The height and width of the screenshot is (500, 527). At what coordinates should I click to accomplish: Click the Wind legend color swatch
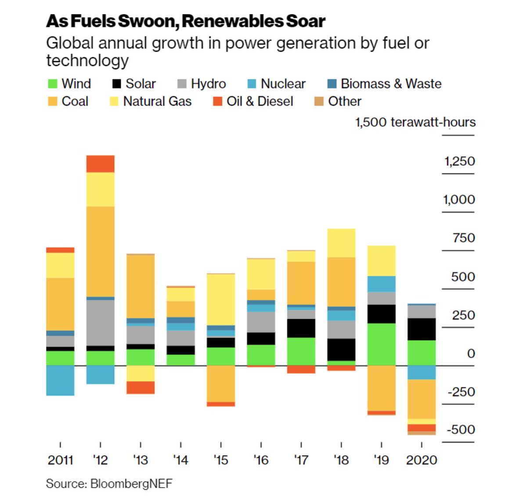click(x=52, y=84)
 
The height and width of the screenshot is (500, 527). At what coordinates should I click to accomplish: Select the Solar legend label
click(x=141, y=84)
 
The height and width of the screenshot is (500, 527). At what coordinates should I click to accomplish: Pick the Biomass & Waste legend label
click(x=391, y=84)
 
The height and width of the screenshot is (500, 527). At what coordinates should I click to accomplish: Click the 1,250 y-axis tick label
click(x=459, y=161)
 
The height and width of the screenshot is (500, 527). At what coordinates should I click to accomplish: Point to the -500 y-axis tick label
click(x=461, y=429)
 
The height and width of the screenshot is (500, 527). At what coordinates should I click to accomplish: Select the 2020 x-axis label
click(x=422, y=460)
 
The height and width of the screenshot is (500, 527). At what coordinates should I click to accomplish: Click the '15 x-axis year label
click(x=221, y=460)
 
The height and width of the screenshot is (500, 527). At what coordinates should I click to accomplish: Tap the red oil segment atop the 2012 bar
click(x=100, y=164)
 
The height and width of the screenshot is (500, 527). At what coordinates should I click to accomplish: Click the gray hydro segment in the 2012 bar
click(x=100, y=322)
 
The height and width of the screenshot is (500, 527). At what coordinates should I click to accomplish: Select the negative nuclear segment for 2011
click(x=60, y=380)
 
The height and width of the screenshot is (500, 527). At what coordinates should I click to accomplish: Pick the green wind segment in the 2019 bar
click(x=381, y=344)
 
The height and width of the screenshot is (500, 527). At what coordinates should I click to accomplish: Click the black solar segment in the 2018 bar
click(x=341, y=350)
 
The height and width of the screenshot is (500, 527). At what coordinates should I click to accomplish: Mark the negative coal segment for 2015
click(x=221, y=384)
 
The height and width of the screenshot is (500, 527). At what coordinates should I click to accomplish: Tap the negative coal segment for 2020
click(x=422, y=399)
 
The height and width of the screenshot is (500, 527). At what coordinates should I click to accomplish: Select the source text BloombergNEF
click(x=131, y=484)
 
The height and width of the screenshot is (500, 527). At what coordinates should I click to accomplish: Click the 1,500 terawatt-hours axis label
click(x=415, y=122)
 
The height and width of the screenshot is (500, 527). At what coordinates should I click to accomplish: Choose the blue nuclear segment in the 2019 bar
click(x=381, y=284)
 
